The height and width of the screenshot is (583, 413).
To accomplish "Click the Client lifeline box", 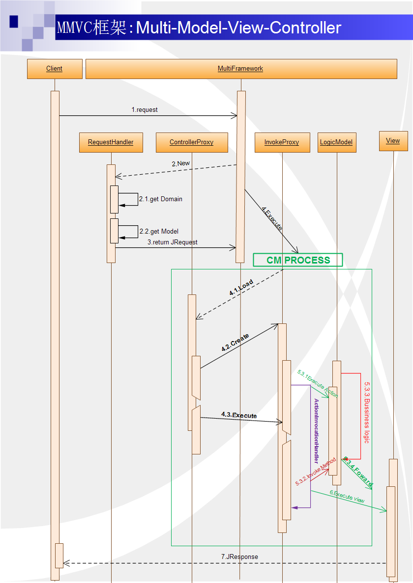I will pyautogui.click(x=55, y=69).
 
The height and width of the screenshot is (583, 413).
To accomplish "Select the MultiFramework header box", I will pyautogui.click(x=241, y=69).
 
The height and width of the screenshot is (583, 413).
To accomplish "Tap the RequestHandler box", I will pyautogui.click(x=111, y=142).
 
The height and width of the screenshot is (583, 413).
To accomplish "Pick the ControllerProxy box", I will pyautogui.click(x=192, y=142).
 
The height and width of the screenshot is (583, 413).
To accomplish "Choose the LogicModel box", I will pyautogui.click(x=336, y=142).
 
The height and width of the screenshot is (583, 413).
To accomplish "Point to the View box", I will pyautogui.click(x=393, y=141).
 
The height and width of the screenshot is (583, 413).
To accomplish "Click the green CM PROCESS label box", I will pyautogui.click(x=298, y=260).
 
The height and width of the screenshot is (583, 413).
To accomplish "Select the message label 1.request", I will pyautogui.click(x=145, y=110).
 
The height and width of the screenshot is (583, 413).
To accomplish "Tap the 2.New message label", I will pyautogui.click(x=180, y=164).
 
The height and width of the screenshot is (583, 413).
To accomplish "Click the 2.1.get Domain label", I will pyautogui.click(x=161, y=199).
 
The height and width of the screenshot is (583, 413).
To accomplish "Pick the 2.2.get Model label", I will pyautogui.click(x=159, y=231).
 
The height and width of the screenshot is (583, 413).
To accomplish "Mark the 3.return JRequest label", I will pyautogui.click(x=173, y=242).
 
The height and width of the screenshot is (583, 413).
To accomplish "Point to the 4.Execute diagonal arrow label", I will pyautogui.click(x=272, y=219).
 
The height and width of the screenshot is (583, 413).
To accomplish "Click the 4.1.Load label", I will pyautogui.click(x=241, y=288).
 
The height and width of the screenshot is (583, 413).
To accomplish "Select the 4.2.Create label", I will pyautogui.click(x=235, y=343).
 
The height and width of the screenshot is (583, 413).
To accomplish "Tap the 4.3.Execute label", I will pyautogui.click(x=239, y=415).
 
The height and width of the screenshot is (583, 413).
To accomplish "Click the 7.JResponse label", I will pyautogui.click(x=239, y=557).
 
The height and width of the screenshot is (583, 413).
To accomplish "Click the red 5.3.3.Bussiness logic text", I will pyautogui.click(x=367, y=412).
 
